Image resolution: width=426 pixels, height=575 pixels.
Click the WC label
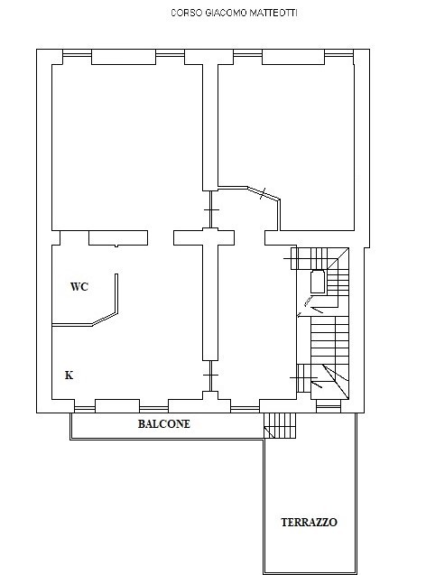point(79,286)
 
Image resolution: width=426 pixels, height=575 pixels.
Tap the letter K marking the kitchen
point(69,376)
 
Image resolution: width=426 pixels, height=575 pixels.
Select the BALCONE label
point(164,424)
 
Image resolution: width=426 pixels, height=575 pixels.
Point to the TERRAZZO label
point(309,522)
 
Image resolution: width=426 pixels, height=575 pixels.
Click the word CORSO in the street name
point(187,13)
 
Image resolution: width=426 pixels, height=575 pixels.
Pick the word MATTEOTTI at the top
point(273,13)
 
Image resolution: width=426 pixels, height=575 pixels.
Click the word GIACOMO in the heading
point(226,13)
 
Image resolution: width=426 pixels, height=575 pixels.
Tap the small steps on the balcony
point(280,425)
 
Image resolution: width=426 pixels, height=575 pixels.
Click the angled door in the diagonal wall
point(264,193)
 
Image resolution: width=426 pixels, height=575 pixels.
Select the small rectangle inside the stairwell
point(318,282)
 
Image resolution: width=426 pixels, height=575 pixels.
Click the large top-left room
point(127,146)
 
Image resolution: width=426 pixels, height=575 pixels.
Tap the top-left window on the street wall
point(77,55)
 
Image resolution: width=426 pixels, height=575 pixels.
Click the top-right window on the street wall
point(339,55)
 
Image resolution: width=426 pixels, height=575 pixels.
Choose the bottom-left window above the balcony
point(85,408)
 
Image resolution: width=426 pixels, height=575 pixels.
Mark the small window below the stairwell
point(329,407)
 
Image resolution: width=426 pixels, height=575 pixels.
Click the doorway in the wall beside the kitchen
point(210,376)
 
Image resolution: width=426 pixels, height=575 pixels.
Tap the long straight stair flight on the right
point(329,340)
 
